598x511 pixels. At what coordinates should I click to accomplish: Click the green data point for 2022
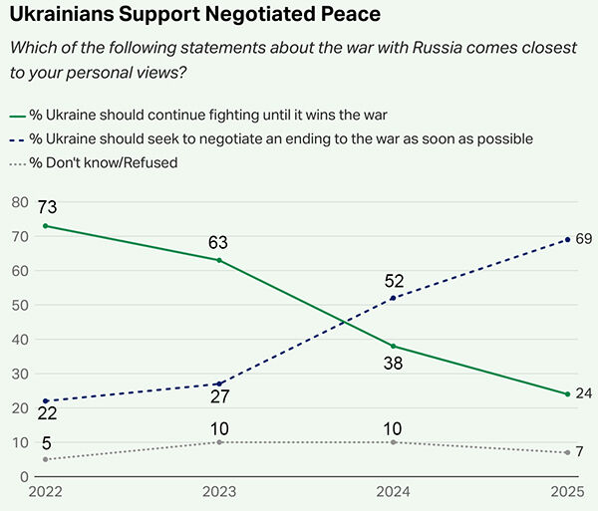click(x=45, y=226)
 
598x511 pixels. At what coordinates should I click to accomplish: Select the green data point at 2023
click(x=219, y=260)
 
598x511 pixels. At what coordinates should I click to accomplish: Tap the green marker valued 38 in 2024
click(x=394, y=346)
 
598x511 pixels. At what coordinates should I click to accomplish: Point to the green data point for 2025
click(x=567, y=394)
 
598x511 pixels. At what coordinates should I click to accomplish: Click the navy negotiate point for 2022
click(x=45, y=400)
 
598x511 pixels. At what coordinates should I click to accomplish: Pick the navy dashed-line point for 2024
click(x=394, y=298)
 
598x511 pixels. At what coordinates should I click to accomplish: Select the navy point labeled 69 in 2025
click(x=567, y=240)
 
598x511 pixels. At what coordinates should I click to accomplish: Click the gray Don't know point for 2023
click(x=219, y=442)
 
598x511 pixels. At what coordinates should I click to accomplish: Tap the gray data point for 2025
click(x=567, y=452)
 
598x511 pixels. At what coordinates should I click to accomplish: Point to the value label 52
click(x=394, y=281)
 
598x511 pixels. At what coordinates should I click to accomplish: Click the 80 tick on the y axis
click(x=18, y=201)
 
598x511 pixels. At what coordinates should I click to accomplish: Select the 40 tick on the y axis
click(x=18, y=339)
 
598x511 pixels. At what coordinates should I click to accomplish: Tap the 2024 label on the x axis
click(x=394, y=492)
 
